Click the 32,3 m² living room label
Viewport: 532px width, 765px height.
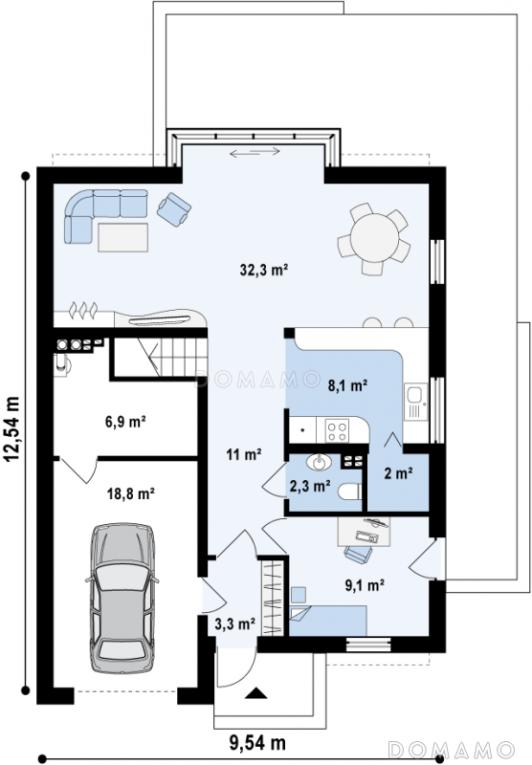point(263,270)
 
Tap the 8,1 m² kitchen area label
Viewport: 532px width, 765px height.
point(347,386)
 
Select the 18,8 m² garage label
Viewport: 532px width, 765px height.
point(131,493)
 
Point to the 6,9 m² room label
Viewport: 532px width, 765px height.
point(126,422)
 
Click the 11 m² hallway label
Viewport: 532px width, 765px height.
point(244,455)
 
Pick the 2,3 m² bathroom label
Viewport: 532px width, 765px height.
point(310,486)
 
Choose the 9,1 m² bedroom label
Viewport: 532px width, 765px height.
point(365,585)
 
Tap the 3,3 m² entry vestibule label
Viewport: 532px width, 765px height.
point(235,623)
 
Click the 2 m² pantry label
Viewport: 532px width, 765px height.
point(398,472)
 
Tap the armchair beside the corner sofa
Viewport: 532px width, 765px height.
point(174,209)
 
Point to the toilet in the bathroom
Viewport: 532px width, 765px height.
point(350,492)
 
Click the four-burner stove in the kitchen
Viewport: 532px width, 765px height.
point(337,430)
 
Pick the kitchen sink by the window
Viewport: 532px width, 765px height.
point(415,402)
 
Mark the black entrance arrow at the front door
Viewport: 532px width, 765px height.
point(255,693)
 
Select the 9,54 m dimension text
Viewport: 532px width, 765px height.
point(257,743)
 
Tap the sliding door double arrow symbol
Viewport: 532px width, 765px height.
point(255,152)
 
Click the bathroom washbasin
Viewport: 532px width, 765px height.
point(319,462)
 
